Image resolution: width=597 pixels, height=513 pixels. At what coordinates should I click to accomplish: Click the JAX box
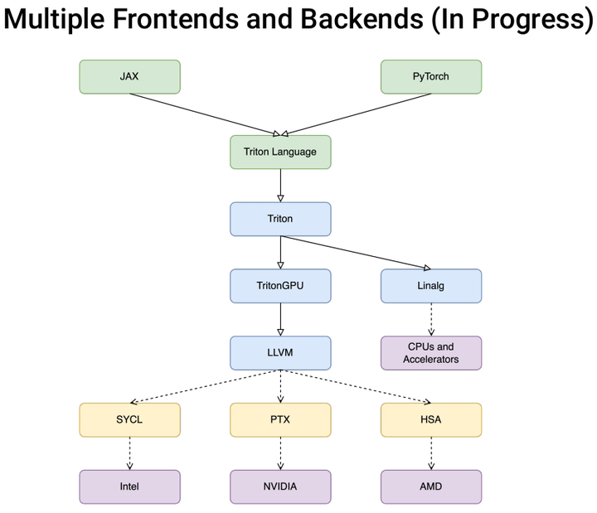pyautogui.click(x=129, y=76)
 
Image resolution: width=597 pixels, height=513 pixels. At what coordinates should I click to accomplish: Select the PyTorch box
pyautogui.click(x=431, y=76)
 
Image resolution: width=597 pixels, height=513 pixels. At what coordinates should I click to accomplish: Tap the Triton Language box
pyautogui.click(x=280, y=152)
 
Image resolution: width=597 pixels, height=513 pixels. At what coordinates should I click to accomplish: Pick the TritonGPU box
pyautogui.click(x=280, y=286)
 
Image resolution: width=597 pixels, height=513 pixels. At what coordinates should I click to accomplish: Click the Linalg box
pyautogui.click(x=431, y=286)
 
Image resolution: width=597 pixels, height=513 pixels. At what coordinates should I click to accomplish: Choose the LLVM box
pyautogui.click(x=280, y=353)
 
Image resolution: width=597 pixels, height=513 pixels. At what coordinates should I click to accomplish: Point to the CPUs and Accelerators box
pyautogui.click(x=431, y=353)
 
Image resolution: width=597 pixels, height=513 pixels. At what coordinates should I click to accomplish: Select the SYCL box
pyautogui.click(x=129, y=419)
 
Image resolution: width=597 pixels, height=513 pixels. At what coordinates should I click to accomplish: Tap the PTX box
pyautogui.click(x=280, y=419)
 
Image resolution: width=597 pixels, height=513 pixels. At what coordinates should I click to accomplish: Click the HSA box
pyautogui.click(x=431, y=419)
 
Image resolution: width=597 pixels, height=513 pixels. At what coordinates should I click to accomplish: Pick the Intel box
pyautogui.click(x=129, y=486)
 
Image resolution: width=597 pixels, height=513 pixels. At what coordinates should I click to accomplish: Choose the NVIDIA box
pyautogui.click(x=280, y=486)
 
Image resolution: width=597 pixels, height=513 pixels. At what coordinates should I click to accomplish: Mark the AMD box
pyautogui.click(x=431, y=486)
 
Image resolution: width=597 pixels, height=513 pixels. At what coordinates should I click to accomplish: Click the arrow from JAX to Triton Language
pyautogui.click(x=205, y=114)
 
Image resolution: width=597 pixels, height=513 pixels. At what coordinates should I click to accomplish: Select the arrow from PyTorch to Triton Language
pyautogui.click(x=356, y=114)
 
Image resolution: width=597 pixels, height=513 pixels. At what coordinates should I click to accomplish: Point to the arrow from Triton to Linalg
pyautogui.click(x=356, y=253)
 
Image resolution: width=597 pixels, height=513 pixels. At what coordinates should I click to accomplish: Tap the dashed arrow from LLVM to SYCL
pyautogui.click(x=206, y=386)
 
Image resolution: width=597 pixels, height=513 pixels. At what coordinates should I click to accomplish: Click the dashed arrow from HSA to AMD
pyautogui.click(x=431, y=453)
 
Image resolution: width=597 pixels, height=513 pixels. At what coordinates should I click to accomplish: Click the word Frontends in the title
pyautogui.click(x=177, y=18)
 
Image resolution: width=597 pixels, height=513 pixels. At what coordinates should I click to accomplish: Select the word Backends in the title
pyautogui.click(x=362, y=18)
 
